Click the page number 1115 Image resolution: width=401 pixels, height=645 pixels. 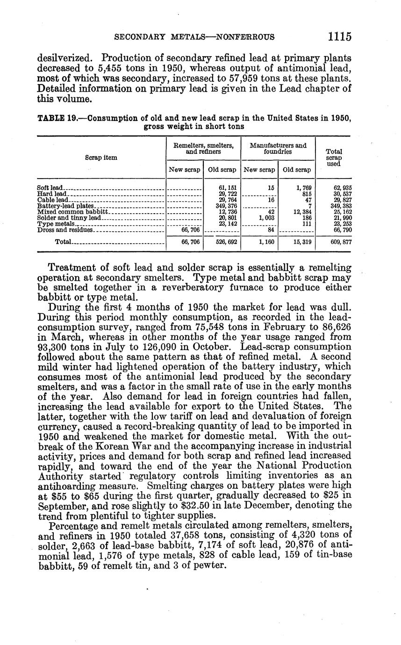click(339, 36)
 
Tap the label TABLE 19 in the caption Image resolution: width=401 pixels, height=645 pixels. click(52, 119)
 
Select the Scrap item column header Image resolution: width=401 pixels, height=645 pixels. click(101, 158)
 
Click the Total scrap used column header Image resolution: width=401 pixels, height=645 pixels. click(334, 158)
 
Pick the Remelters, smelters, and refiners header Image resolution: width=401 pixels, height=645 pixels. click(203, 149)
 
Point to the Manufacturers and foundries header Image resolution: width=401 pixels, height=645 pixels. click(278, 149)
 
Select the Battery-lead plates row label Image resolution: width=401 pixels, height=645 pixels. click(65, 206)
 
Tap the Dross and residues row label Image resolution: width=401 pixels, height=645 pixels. click(65, 229)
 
